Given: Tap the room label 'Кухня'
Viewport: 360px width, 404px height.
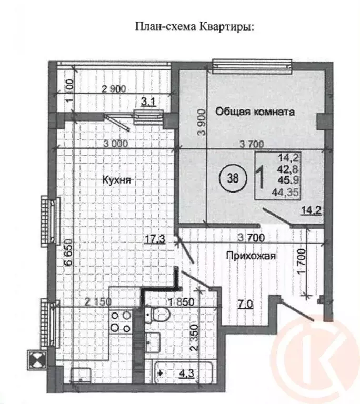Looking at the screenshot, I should pyautogui.click(x=116, y=180).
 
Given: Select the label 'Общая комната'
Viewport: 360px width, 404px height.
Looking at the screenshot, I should pyautogui.click(x=254, y=112).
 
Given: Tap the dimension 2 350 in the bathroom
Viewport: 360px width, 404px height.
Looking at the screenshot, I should pyautogui.click(x=195, y=343).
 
